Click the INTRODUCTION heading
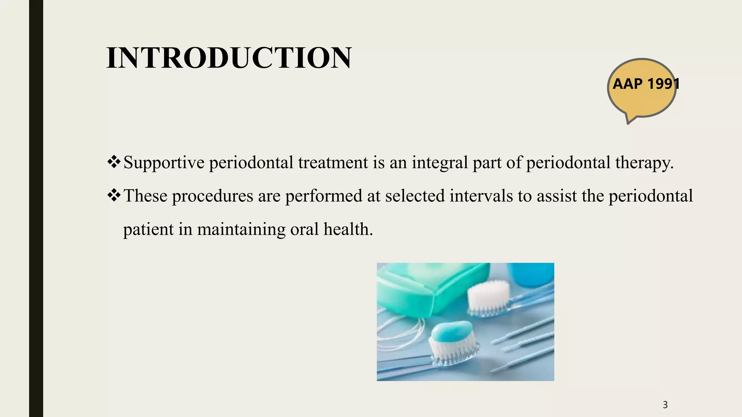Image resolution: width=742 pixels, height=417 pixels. (229, 58)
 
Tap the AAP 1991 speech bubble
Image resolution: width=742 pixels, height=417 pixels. (642, 87)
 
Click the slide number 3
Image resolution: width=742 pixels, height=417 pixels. (665, 405)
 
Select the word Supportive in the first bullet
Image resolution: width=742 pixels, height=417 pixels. (164, 163)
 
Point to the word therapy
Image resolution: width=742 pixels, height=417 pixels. (644, 163)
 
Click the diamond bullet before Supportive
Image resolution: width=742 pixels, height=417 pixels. (114, 162)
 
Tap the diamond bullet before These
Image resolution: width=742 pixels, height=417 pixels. (114, 195)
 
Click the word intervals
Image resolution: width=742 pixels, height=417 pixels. (481, 196)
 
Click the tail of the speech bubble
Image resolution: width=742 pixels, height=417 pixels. (630, 119)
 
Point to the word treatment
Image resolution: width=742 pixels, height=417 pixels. (333, 163)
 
